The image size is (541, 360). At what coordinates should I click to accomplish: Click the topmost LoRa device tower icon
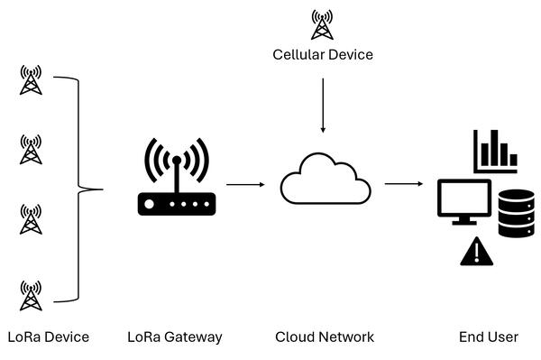pyautogui.click(x=32, y=79)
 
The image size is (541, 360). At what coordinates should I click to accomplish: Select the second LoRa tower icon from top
pyautogui.click(x=32, y=149)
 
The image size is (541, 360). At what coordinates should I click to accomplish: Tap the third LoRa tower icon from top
pyautogui.click(x=32, y=218)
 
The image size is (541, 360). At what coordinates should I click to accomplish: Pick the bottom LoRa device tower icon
pyautogui.click(x=32, y=295)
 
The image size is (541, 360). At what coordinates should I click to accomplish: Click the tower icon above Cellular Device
pyautogui.click(x=322, y=24)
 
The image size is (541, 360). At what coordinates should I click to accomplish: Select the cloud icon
pyautogui.click(x=325, y=180)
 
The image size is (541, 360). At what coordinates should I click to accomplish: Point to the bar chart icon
pyautogui.click(x=495, y=151)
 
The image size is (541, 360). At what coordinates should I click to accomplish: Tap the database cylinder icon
pyautogui.click(x=516, y=213)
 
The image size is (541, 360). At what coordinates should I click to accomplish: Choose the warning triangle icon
pyautogui.click(x=475, y=252)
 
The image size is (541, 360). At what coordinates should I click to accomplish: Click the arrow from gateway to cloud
pyautogui.click(x=244, y=184)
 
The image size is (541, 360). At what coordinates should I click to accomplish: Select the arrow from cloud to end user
pyautogui.click(x=404, y=184)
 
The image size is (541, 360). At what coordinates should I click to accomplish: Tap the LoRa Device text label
pyautogui.click(x=48, y=337)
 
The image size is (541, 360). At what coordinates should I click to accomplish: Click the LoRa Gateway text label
pyautogui.click(x=175, y=337)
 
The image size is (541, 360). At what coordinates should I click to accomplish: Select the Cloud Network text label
pyautogui.click(x=324, y=337)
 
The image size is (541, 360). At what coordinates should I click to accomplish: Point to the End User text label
pyautogui.click(x=489, y=337)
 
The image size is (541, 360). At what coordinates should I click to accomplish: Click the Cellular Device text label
pyautogui.click(x=323, y=55)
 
